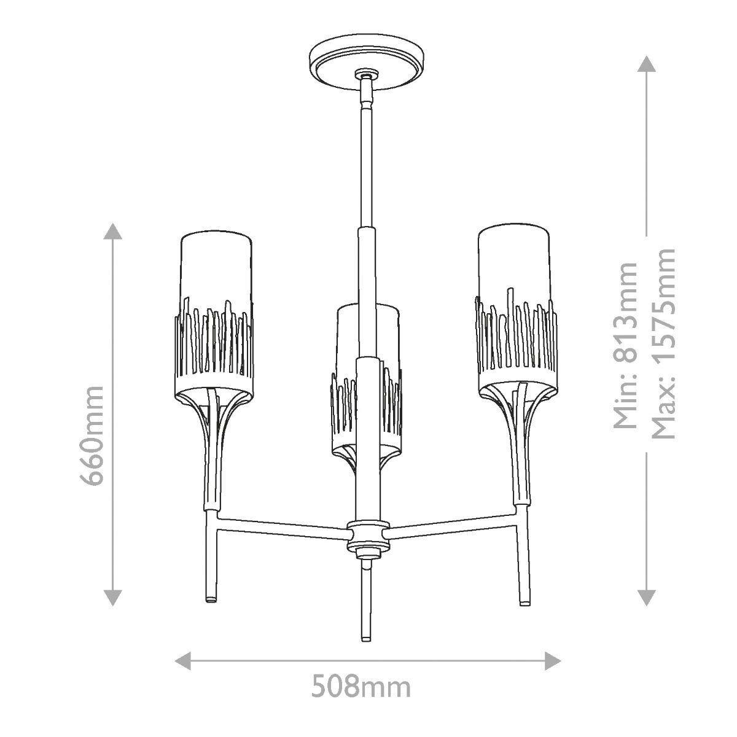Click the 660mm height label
(x=94, y=435)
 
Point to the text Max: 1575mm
(x=663, y=344)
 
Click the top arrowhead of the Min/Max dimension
(x=645, y=63)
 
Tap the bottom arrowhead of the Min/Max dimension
(x=645, y=596)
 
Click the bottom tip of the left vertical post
(x=211, y=598)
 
